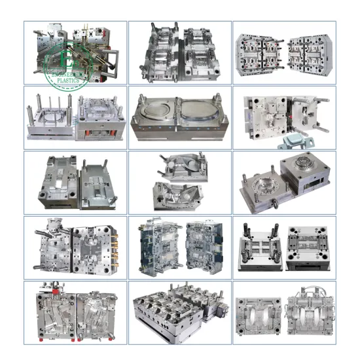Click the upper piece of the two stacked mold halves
click(175, 166)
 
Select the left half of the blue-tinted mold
click(158, 246)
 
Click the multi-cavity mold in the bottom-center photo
click(177, 313)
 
